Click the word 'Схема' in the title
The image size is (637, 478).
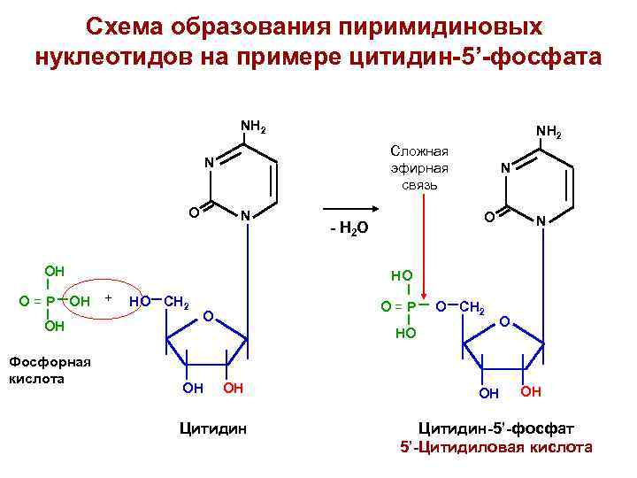point(133,26)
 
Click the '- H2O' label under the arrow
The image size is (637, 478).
point(344,230)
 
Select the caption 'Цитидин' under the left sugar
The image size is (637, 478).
point(212,429)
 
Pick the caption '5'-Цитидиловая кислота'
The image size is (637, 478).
point(495,447)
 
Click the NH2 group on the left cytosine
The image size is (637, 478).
point(254,127)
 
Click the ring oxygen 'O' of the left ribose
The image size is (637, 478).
point(206,316)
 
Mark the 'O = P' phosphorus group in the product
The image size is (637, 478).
point(398,306)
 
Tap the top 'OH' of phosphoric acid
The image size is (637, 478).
point(55,271)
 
